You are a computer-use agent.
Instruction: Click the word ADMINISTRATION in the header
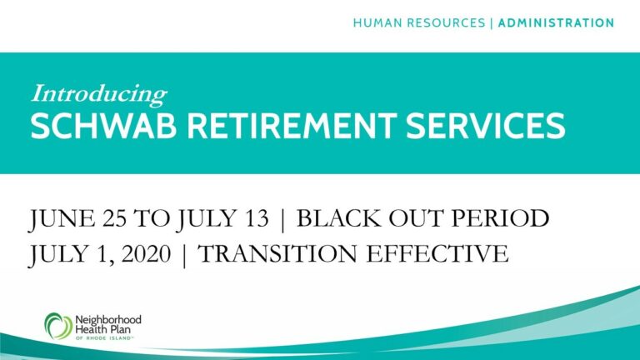(556, 22)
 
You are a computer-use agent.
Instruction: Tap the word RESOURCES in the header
(445, 22)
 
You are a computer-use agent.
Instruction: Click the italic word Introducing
(99, 94)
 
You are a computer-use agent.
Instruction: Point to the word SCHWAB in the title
(103, 126)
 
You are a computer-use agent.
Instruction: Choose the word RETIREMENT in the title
(292, 126)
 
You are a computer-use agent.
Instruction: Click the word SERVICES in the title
(486, 126)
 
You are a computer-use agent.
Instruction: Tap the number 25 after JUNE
(114, 218)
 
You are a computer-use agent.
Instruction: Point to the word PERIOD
(500, 218)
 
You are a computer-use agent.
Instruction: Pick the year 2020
(146, 253)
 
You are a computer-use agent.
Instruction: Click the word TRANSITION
(277, 253)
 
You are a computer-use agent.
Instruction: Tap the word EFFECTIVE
(437, 253)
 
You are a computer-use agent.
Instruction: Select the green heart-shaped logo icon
(58, 326)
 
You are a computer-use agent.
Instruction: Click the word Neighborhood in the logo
(108, 320)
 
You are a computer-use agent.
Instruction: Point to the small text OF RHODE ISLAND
(104, 338)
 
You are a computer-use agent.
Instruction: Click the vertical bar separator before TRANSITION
(184, 255)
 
